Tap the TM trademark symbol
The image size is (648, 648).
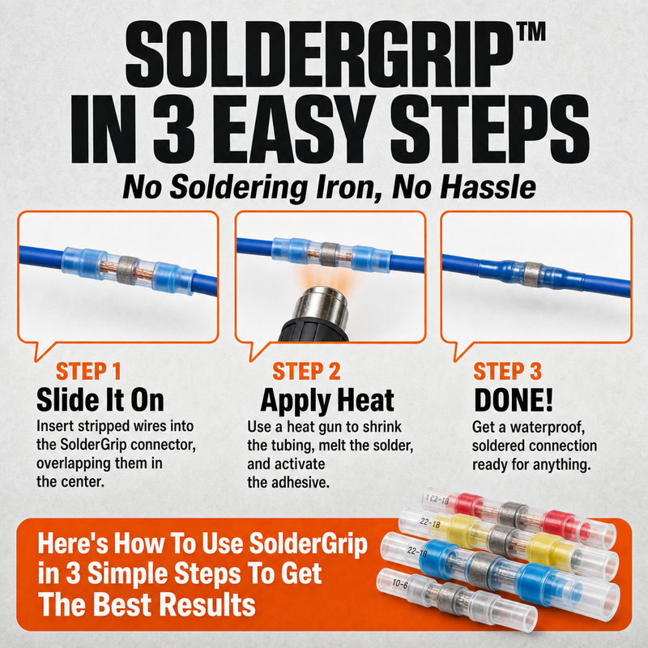pos(531,32)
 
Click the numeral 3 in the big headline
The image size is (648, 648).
pos(175,129)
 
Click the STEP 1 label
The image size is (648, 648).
pos(88,371)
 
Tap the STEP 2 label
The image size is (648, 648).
pos(306,371)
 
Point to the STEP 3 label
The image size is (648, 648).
pos(508,371)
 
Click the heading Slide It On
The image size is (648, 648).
pos(100,400)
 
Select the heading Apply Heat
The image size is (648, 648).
pos(327,401)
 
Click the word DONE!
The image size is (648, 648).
pos(514,400)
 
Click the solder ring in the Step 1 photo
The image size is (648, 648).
pos(127,270)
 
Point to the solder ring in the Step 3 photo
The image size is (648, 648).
pos(532,273)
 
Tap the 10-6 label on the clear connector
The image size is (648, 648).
pos(399,584)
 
